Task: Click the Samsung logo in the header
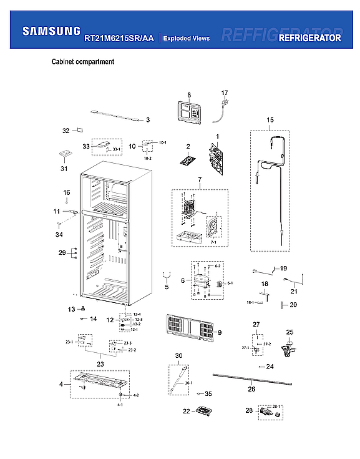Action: click(x=51, y=31)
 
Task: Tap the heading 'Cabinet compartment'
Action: click(x=82, y=62)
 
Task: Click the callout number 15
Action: click(x=270, y=120)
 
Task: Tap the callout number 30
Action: click(x=178, y=356)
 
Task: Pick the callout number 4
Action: click(x=61, y=384)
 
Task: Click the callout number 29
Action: click(x=62, y=252)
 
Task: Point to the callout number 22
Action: click(x=187, y=411)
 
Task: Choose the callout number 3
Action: click(x=148, y=119)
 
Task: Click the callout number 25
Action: click(x=289, y=332)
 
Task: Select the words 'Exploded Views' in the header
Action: click(x=187, y=38)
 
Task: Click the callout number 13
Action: click(x=71, y=309)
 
